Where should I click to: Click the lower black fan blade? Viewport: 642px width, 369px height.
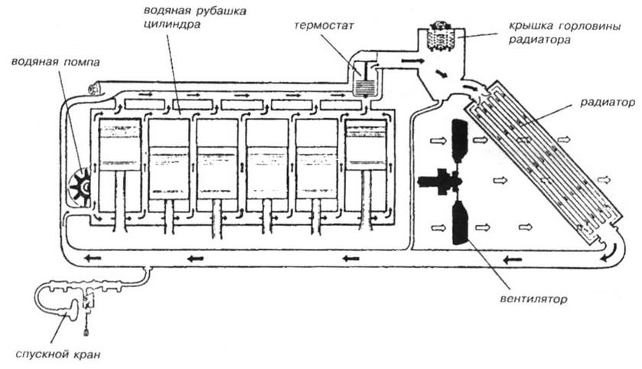click(461, 222)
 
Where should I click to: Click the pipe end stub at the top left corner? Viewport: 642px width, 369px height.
click(94, 90)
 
